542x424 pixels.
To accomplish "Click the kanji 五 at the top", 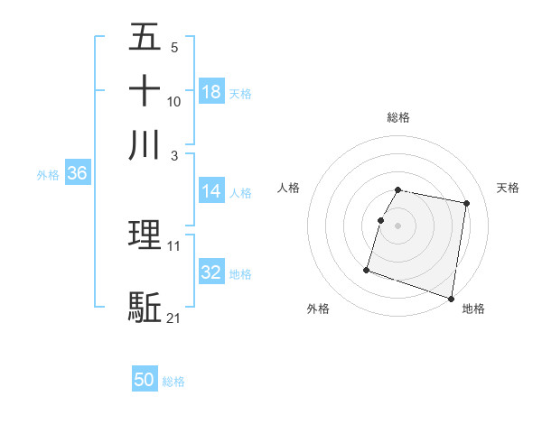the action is point(145,39).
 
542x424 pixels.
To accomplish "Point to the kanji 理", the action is point(145,236).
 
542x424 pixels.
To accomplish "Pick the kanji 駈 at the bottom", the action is point(145,307).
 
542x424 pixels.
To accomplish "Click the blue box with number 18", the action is point(211,92).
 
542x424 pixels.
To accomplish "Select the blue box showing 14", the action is point(211,191).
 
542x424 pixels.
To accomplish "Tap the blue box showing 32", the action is point(211,272).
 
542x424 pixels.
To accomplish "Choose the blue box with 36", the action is point(77,174).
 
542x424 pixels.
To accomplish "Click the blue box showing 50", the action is point(145,380).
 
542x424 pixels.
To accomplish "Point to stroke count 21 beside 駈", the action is point(174,318).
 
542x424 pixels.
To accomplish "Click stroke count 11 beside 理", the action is point(174,245).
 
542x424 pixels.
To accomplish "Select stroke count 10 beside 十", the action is point(174,101).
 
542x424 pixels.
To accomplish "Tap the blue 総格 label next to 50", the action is point(173,382).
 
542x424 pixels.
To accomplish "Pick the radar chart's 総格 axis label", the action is point(398,117).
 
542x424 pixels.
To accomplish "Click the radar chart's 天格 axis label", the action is point(509,188).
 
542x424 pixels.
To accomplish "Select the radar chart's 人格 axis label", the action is point(289,188).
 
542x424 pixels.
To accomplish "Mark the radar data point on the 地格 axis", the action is point(451,298).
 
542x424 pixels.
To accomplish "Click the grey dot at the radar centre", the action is point(398,225).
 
